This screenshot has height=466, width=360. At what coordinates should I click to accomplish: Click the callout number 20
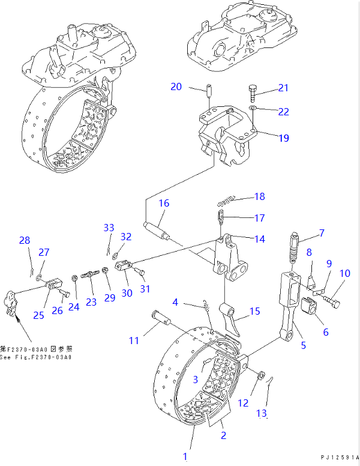(x=176, y=86)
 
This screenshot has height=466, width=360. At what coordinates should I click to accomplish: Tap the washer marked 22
(x=254, y=109)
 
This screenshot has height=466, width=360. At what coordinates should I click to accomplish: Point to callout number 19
(x=283, y=138)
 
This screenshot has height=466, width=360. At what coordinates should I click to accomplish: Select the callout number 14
(x=259, y=239)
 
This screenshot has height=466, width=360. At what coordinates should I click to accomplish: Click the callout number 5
(x=303, y=345)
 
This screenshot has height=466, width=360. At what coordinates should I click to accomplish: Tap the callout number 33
(x=109, y=228)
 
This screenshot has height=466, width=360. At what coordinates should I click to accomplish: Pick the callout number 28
(x=24, y=241)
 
